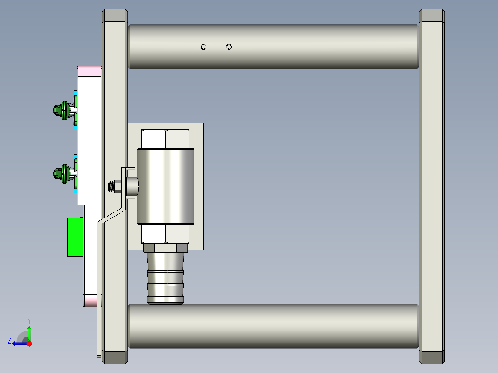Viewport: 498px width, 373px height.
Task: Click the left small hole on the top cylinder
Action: [203, 47]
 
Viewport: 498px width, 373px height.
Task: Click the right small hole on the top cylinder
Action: [229, 47]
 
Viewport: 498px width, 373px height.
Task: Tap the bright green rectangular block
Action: [75, 237]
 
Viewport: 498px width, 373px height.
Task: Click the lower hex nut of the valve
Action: [165, 234]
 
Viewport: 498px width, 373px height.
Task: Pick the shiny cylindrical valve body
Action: [165, 186]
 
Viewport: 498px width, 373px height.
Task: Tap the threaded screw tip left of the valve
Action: [110, 187]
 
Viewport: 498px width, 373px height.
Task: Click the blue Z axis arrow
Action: [18, 343]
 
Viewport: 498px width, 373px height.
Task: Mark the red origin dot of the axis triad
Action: [29, 343]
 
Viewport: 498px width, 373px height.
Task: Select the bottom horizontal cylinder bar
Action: [273, 326]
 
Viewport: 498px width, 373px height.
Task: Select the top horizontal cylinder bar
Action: [273, 46]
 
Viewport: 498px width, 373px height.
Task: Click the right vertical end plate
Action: [432, 185]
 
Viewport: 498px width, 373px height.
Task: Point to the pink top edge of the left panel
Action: [89, 71]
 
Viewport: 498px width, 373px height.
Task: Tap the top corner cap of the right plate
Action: [432, 15]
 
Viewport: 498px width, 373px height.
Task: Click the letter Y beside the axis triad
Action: [29, 320]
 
